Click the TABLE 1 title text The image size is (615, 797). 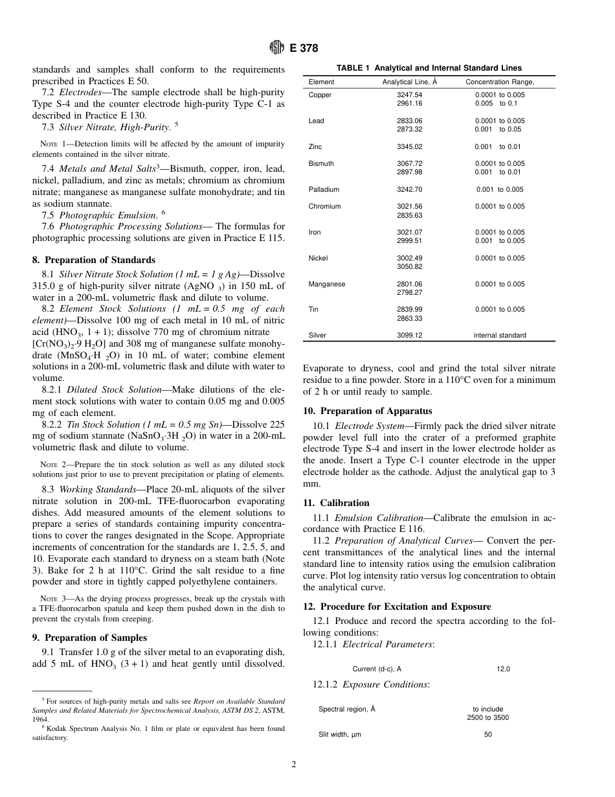pos(429,68)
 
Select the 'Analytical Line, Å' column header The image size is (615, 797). pos(409,82)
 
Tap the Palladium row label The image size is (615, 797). pos(324,190)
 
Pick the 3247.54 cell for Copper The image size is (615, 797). pos(409,95)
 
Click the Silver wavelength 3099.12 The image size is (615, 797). pos(409,336)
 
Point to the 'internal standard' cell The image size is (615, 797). pos(500,336)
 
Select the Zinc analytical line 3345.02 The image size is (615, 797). pos(409,147)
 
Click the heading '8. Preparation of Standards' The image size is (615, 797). pos(93,260)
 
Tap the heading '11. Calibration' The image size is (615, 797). pos(336,503)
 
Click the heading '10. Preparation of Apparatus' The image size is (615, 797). pos(367,411)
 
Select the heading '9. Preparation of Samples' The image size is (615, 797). pos(89,638)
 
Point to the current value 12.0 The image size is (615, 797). pos(503,669)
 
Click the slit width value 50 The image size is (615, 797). pos(488,735)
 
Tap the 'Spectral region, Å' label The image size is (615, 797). pos(346,710)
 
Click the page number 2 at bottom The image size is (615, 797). pos(293,765)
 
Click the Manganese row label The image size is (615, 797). pos(327,284)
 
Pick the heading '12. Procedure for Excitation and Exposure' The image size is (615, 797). pos(397,606)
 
